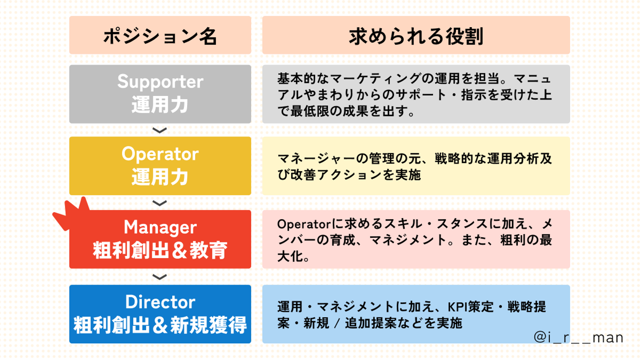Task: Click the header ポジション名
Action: point(160,37)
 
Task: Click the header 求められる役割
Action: point(416,37)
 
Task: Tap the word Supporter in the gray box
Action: point(160,82)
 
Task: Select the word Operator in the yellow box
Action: point(160,154)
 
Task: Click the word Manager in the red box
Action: point(160,228)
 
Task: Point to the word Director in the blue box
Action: point(160,302)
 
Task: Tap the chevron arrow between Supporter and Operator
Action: point(160,130)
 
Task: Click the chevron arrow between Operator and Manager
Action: point(160,203)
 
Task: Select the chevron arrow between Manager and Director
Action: point(160,277)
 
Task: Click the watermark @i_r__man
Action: point(578,338)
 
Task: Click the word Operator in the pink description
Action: point(298,224)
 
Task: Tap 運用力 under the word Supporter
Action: point(160,105)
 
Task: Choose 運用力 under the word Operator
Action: point(160,177)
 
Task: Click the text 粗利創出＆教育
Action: point(160,250)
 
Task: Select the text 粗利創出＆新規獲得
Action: point(160,325)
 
